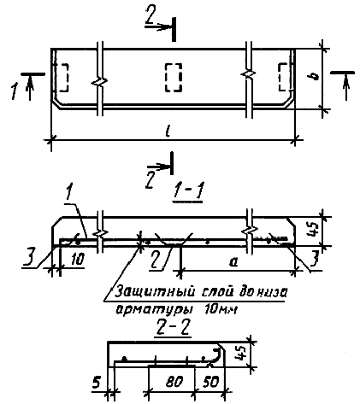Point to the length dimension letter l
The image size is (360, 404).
[168, 132]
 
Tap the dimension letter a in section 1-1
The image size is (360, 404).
[233, 262]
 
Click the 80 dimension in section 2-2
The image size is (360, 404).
[174, 381]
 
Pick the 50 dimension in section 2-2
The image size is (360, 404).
[210, 381]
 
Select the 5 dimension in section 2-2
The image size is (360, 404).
[97, 383]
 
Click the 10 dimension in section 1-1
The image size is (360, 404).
[76, 260]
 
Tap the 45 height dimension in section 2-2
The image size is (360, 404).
[241, 354]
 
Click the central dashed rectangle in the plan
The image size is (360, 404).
[174, 78]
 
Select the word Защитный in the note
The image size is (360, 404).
[156, 292]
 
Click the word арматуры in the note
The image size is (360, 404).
[153, 310]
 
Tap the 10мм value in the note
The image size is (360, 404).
[221, 309]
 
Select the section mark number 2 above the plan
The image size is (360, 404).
[150, 15]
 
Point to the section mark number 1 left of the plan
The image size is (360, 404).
[15, 91]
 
